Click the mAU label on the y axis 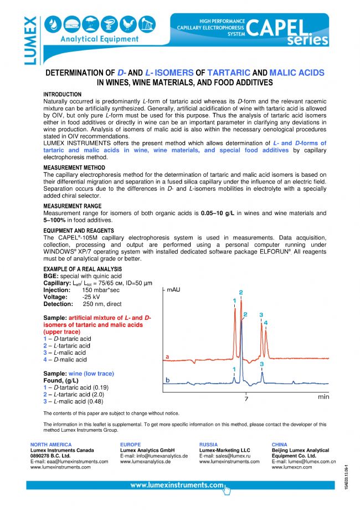175,290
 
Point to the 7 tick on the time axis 246,399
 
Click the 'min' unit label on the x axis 323,397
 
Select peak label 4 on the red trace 266,323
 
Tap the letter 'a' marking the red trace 167,356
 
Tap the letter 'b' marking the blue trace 167,380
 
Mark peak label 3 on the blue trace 261,364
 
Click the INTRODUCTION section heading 62,95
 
